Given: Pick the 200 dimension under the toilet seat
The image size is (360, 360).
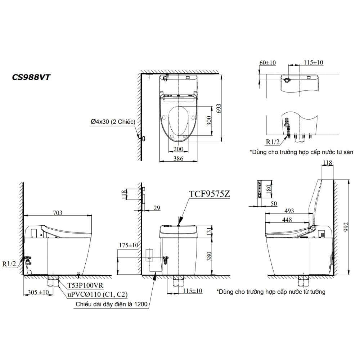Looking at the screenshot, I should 178,149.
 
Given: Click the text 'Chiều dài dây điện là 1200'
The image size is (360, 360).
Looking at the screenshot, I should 111,304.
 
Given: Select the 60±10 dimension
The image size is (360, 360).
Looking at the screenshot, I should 267,63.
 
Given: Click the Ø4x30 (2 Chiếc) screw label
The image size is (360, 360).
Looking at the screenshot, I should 113,122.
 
